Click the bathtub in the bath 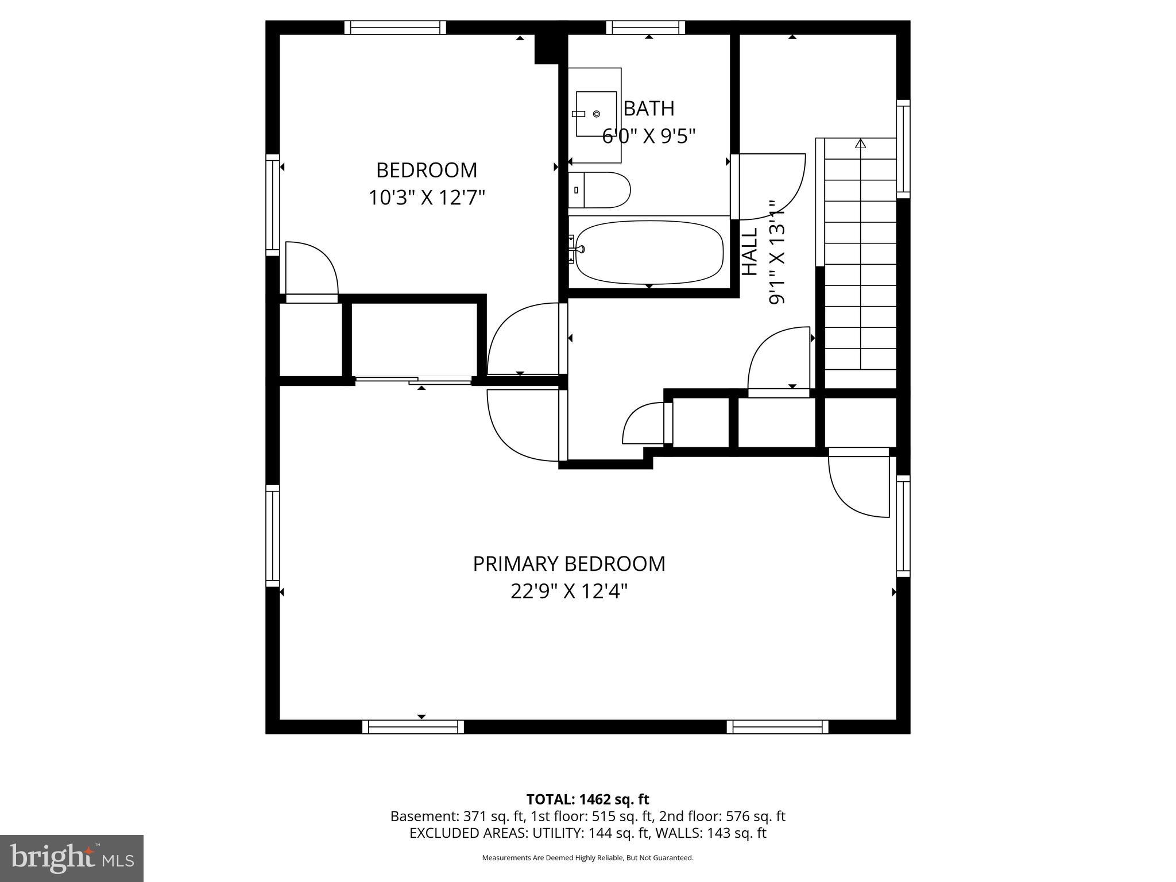649,253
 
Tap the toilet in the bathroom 601,190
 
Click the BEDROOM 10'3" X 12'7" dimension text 426,198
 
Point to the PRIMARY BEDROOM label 568,564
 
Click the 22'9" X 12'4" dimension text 568,591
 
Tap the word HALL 750,252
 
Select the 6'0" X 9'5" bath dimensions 649,136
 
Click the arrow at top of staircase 860,144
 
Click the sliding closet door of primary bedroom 413,380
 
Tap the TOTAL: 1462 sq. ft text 587,799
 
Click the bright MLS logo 72,858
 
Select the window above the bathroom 645,28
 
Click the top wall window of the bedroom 395,28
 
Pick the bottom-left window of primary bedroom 413,727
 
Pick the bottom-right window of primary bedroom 777,727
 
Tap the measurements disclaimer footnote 587,858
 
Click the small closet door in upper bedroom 311,270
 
